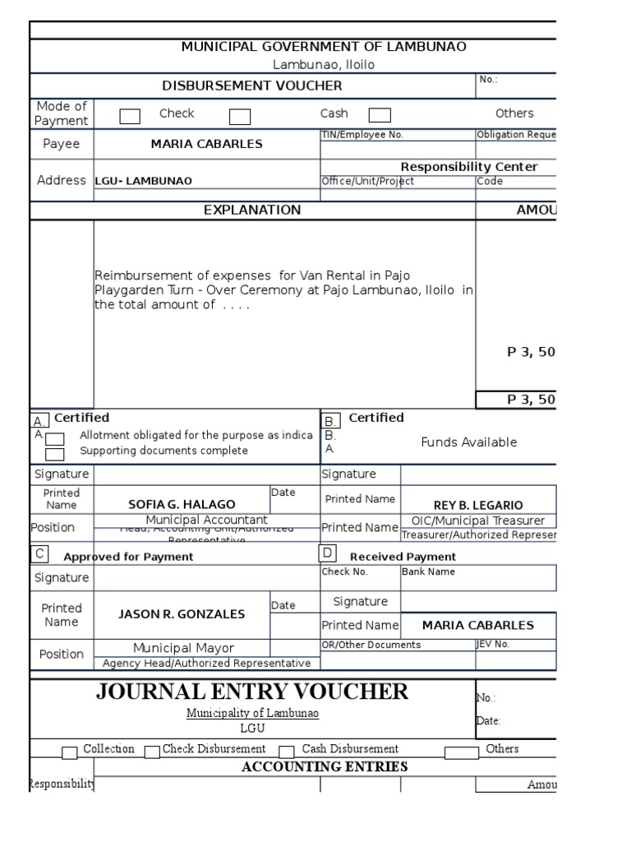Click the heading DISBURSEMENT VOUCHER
pyautogui.click(x=251, y=86)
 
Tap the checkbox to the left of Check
pyautogui.click(x=130, y=116)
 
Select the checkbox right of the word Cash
pyautogui.click(x=380, y=115)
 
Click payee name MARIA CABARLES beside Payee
pyautogui.click(x=206, y=144)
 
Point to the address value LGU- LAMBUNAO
pyautogui.click(x=144, y=181)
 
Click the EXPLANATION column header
pyautogui.click(x=251, y=210)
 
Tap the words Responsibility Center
pyautogui.click(x=469, y=167)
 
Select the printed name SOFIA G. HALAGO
pyautogui.click(x=182, y=504)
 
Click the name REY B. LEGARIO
pyautogui.click(x=478, y=505)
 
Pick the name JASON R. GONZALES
pyautogui.click(x=182, y=613)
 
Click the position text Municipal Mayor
pyautogui.click(x=184, y=648)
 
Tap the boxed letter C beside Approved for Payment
pyautogui.click(x=39, y=554)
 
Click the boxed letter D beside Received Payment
pyautogui.click(x=328, y=553)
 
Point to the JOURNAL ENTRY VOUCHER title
pyautogui.click(x=251, y=692)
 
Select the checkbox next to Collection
pyautogui.click(x=70, y=752)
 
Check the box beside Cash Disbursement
pyautogui.click(x=287, y=752)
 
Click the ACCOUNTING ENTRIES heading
pyautogui.click(x=325, y=766)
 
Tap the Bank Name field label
pyautogui.click(x=428, y=571)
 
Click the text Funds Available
pyautogui.click(x=468, y=442)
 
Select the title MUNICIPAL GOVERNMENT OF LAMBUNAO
pyautogui.click(x=324, y=47)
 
